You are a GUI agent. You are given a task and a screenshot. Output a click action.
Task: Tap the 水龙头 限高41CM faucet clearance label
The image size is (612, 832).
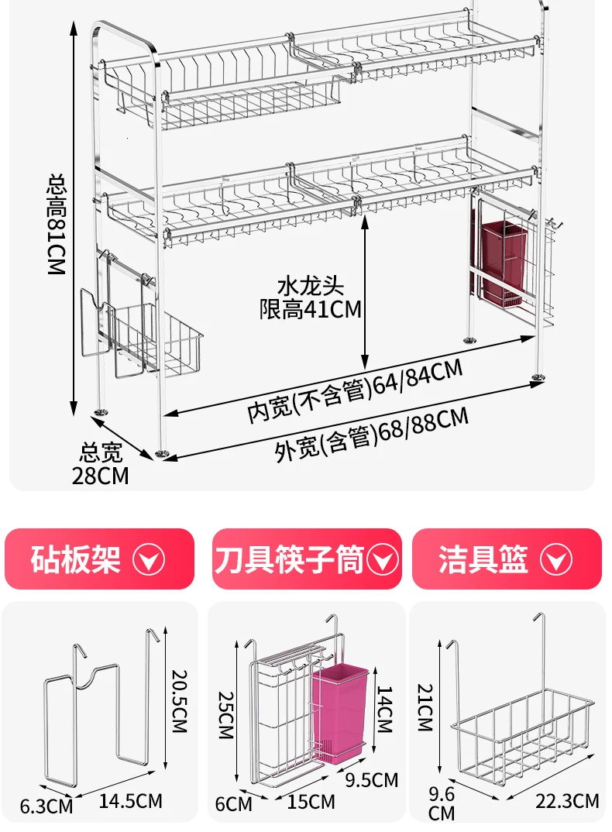coord(311,297)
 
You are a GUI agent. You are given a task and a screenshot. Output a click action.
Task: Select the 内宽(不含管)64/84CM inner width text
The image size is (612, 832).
coord(355,390)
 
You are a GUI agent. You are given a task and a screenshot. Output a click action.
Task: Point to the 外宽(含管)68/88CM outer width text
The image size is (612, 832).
coord(372,434)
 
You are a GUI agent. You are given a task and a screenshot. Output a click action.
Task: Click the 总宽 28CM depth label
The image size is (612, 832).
coord(100,464)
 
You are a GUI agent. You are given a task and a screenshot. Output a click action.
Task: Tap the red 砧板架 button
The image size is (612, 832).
coord(99,559)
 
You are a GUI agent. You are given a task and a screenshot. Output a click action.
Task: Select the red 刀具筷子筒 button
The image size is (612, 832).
coord(307,559)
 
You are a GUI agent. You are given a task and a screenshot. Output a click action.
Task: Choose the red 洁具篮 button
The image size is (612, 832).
coord(507,559)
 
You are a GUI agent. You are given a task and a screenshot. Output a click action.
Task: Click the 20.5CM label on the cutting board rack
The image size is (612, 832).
coord(180,701)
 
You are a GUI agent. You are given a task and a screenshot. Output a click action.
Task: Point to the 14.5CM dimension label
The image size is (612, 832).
coord(131,801)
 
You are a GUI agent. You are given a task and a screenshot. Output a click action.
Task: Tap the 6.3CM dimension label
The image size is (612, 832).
coord(46,806)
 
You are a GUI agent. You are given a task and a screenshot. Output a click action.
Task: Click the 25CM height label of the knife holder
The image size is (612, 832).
coord(226,715)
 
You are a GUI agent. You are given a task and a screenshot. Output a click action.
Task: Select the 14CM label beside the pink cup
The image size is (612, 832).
coord(384,709)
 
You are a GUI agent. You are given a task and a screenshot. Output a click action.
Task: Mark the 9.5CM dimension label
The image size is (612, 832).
coord(372,779)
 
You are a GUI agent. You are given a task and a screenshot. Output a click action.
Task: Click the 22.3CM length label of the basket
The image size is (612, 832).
coord(567,801)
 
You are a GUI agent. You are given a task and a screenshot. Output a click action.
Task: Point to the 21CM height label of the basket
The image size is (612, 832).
coord(426,707)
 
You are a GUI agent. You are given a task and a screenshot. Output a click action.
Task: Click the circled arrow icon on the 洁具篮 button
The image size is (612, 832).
coord(556,559)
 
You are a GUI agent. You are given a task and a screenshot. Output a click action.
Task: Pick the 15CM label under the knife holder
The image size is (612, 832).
coord(311,802)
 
